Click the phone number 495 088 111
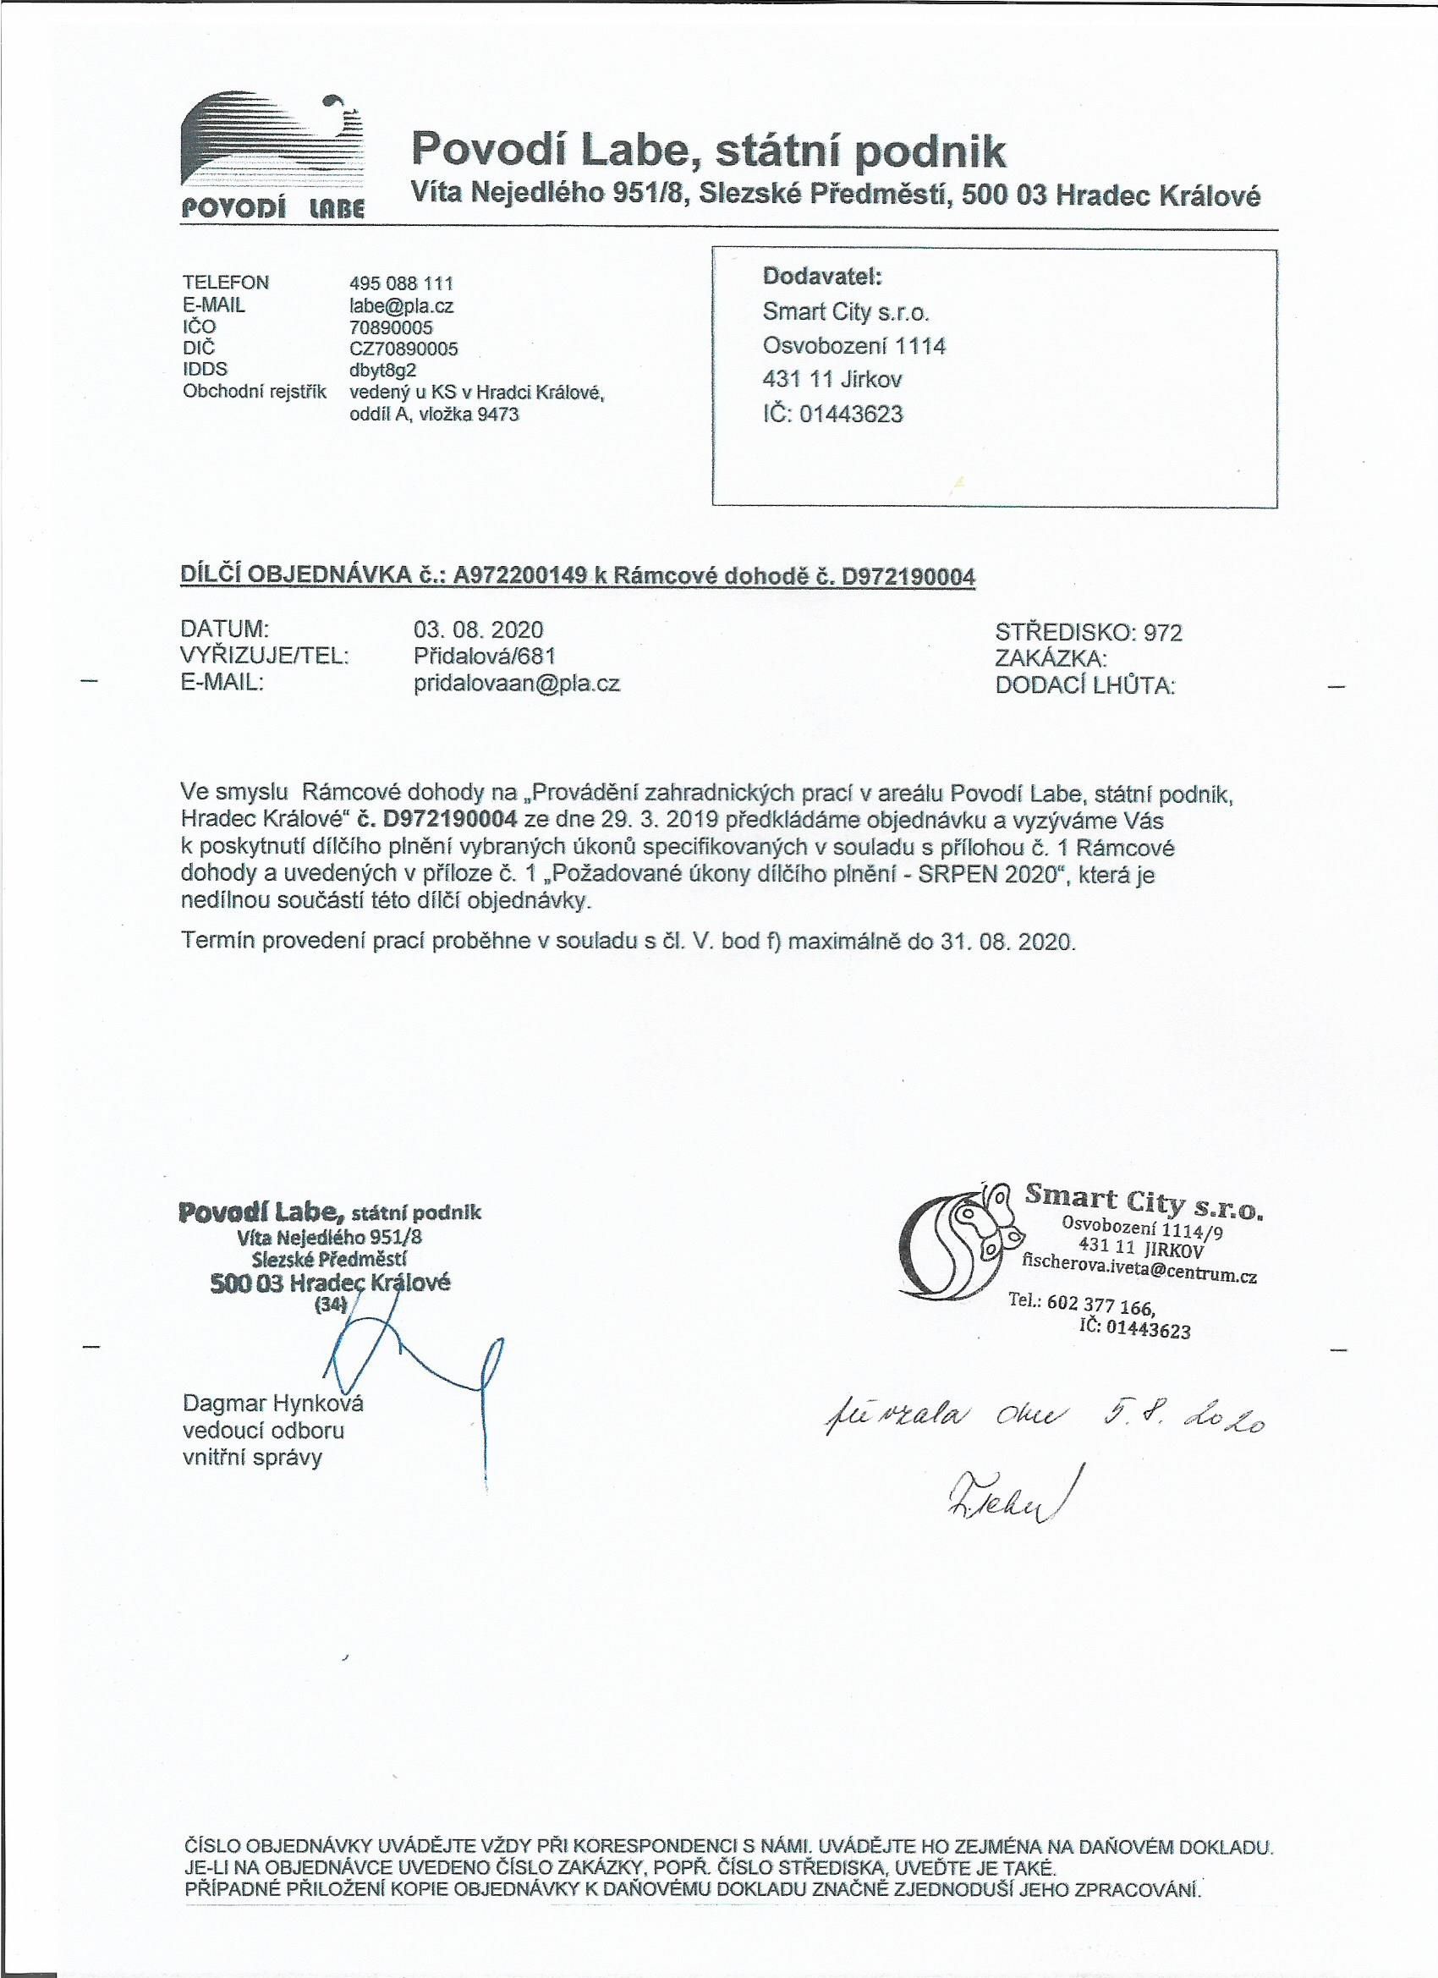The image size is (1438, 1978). coord(401,283)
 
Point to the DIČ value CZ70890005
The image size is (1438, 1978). coord(403,349)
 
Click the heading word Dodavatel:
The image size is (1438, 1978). coord(822,277)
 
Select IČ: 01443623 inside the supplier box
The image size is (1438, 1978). coord(833,414)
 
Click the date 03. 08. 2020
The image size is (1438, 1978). coord(478,629)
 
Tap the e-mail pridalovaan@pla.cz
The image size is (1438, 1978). coord(516,684)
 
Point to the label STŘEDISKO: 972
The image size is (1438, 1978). coord(1089,632)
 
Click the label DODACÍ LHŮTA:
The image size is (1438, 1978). coord(1084,686)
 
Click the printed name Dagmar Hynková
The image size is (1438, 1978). coord(273,1404)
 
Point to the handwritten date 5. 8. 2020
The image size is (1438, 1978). coord(1177,1422)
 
